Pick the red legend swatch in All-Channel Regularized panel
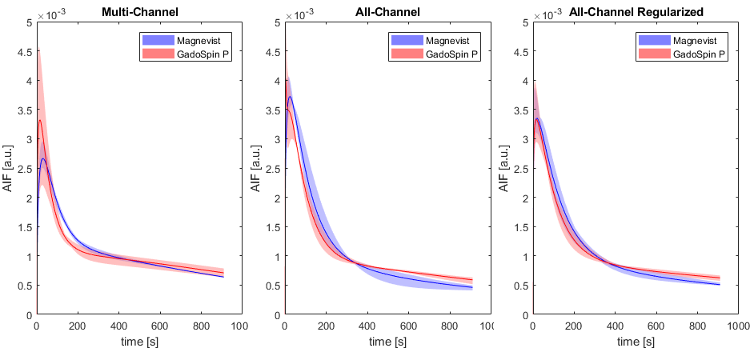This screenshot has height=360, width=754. point(654,54)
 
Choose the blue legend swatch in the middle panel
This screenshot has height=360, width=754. point(407,40)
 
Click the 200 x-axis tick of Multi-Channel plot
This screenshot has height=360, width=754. point(78,327)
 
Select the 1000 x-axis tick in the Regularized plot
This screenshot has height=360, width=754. point(738,327)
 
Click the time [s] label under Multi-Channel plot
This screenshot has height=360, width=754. point(139,342)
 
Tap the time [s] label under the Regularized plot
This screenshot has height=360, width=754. point(636,342)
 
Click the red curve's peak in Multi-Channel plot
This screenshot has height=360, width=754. point(40,120)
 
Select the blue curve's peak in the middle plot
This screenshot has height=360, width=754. point(290,97)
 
